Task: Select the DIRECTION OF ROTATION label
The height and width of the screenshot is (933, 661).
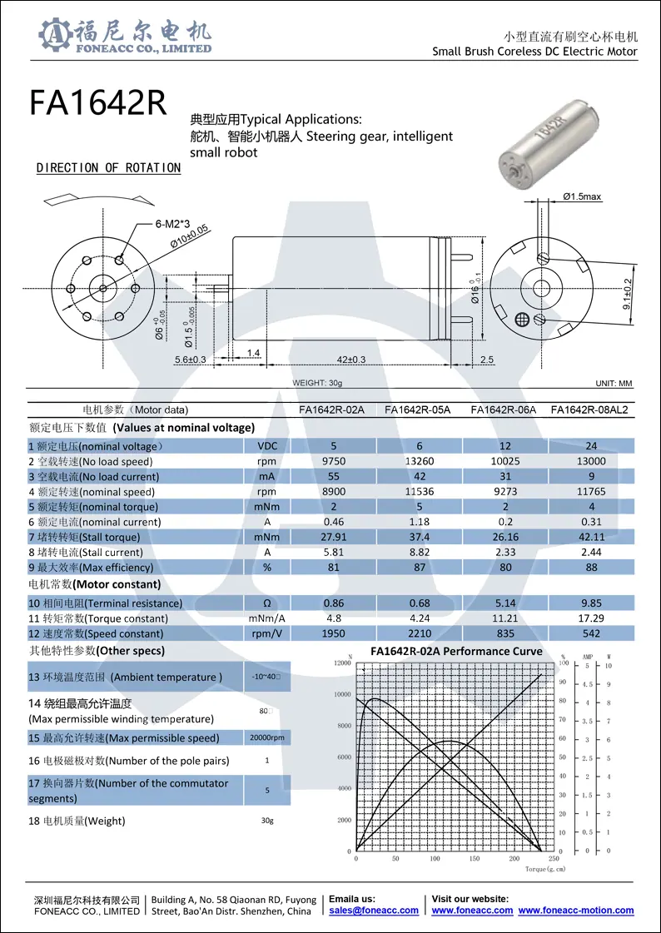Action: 108,168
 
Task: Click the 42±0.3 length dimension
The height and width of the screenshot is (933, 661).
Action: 350,360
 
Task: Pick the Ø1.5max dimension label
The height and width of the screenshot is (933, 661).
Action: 582,196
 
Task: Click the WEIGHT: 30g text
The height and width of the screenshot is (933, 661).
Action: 317,383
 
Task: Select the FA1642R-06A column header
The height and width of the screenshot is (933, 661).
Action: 503,409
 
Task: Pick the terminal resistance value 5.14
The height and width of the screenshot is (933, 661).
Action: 504,603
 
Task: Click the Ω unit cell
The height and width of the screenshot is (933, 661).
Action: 267,603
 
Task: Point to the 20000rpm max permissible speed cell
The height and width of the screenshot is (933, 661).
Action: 267,738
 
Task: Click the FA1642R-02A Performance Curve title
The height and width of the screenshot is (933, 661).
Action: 456,651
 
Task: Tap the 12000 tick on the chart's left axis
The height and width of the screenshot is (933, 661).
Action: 341,663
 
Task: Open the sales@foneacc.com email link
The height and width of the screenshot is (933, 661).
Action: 374,911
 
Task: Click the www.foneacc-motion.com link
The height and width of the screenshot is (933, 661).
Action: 576,911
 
